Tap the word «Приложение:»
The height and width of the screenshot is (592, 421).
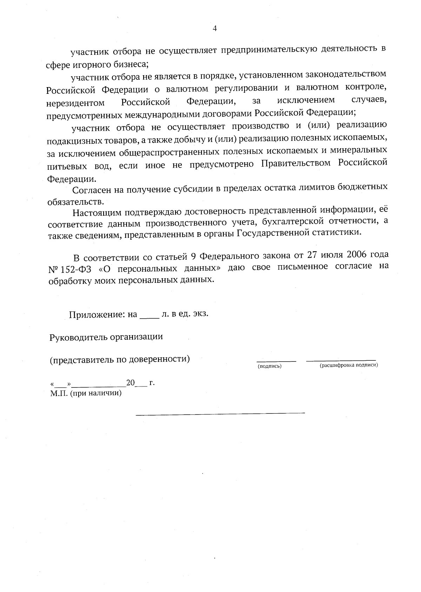click(97, 314)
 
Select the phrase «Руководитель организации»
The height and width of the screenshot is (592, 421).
click(106, 337)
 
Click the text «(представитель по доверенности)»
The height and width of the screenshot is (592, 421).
click(120, 359)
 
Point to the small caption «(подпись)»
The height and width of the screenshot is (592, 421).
click(270, 366)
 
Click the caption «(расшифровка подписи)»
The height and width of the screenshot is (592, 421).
click(348, 365)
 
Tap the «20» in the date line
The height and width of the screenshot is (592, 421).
click(131, 383)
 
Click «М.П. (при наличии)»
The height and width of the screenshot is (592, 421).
click(86, 393)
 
